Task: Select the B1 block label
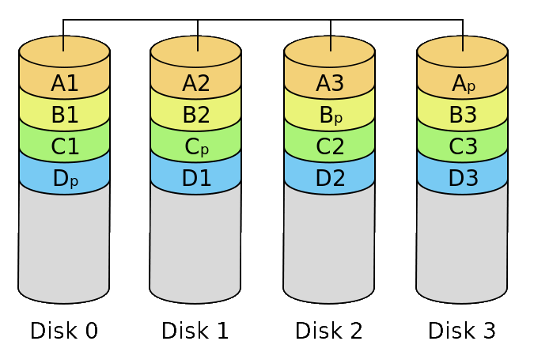pyautogui.click(x=65, y=115)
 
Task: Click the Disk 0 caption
pyautogui.click(x=64, y=331)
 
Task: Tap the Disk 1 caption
pyautogui.click(x=195, y=331)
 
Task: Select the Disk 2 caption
pyautogui.click(x=328, y=331)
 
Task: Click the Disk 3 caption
pyautogui.click(x=462, y=331)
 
